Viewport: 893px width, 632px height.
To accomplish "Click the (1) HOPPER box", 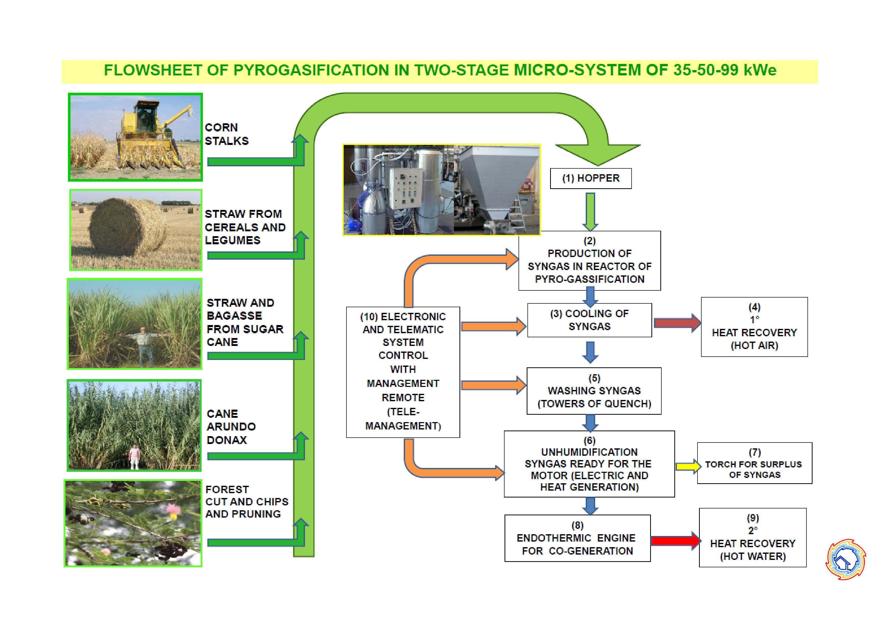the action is (590, 178).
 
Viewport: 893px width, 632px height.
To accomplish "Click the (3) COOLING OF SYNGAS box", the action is (589, 320).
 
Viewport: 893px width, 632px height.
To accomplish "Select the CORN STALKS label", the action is (226, 134).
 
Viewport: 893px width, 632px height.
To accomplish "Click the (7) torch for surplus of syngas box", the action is (755, 463).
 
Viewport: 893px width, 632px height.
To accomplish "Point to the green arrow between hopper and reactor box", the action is (590, 212).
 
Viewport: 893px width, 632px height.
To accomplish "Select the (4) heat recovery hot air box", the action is (754, 327).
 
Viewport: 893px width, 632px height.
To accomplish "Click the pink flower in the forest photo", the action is (173, 510).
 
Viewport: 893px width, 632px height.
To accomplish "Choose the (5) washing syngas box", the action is (594, 391).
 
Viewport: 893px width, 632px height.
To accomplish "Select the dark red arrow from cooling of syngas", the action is (678, 323).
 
